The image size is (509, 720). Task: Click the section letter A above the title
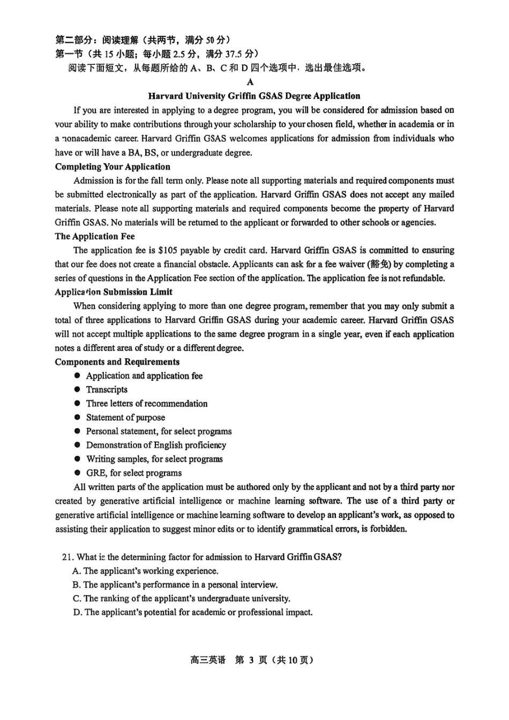tap(250, 82)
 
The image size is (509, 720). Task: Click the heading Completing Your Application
tap(113, 166)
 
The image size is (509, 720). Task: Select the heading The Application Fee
tap(95, 236)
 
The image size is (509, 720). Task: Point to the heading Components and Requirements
tap(117, 362)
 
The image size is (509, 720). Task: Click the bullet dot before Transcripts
tap(77, 389)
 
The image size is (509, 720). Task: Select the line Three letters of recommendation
tap(147, 404)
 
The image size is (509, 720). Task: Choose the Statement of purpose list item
tap(125, 418)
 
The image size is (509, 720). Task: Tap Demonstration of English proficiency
tap(156, 445)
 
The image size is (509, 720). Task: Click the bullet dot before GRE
tap(77, 473)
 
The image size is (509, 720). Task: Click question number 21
tap(68, 557)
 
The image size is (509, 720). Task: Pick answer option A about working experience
tap(146, 571)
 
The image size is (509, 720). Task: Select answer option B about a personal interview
tap(175, 585)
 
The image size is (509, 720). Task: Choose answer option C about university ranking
tap(182, 598)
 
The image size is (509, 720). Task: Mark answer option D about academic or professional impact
tap(193, 612)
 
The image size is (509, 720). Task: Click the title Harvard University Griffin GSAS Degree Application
tap(254, 96)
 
